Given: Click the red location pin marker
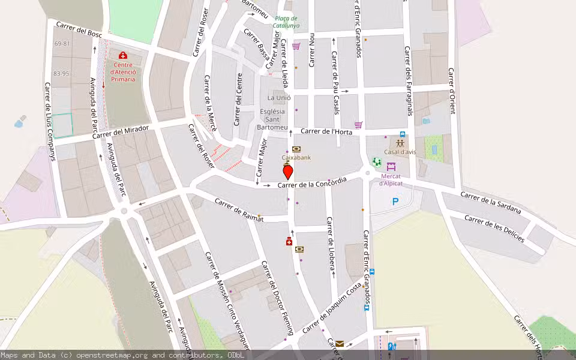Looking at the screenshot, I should pos(287,172).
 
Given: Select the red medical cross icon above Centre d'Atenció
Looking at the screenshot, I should pos(123,56).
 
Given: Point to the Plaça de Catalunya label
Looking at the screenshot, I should pos(286,22).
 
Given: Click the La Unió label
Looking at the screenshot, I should pos(279,98).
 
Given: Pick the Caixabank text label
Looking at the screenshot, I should pos(296,158).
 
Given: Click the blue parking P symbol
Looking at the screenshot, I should pos(395,202).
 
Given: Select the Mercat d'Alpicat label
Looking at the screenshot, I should pos(392,179).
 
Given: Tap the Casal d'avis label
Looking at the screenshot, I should pos(400,152).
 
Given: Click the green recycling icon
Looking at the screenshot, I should pos(376,161).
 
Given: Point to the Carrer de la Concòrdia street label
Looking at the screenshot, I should pos(312,184).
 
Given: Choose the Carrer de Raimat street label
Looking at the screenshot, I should pos(239,211).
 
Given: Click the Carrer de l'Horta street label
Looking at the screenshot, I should pos(325,131).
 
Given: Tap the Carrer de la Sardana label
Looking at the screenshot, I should pos(490,203).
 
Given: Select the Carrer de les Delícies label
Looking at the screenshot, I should pos(494,228).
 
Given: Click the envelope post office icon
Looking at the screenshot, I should pos(340,344).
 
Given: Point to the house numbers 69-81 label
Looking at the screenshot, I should pos(61,44).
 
